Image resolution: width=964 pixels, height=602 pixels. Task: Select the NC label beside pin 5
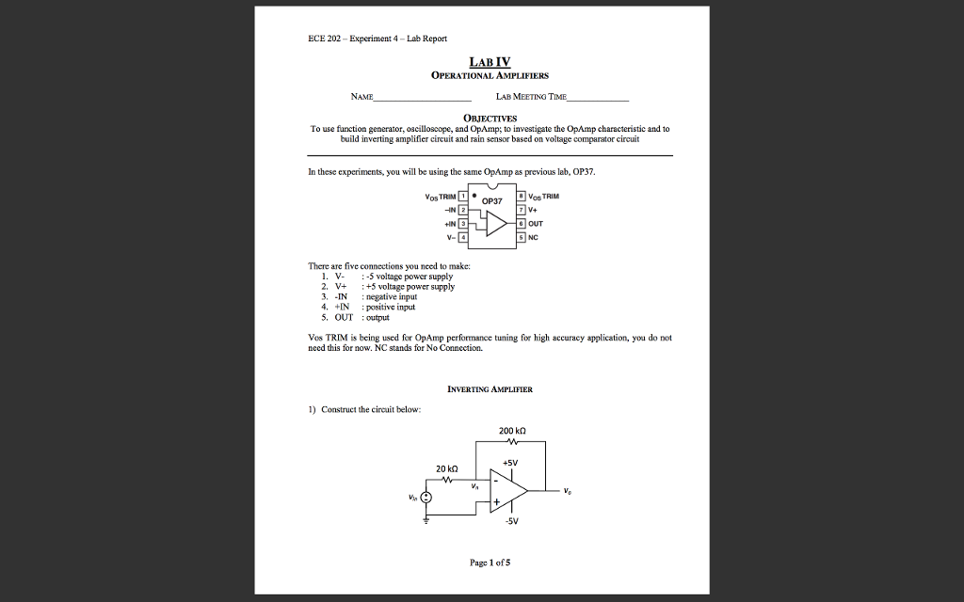[x=534, y=237]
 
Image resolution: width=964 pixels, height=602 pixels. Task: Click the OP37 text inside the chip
[x=493, y=201]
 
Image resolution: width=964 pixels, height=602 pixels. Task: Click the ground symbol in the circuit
[x=426, y=519]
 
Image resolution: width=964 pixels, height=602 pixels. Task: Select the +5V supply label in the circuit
[x=510, y=463]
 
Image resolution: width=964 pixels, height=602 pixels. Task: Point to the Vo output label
[x=567, y=491]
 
